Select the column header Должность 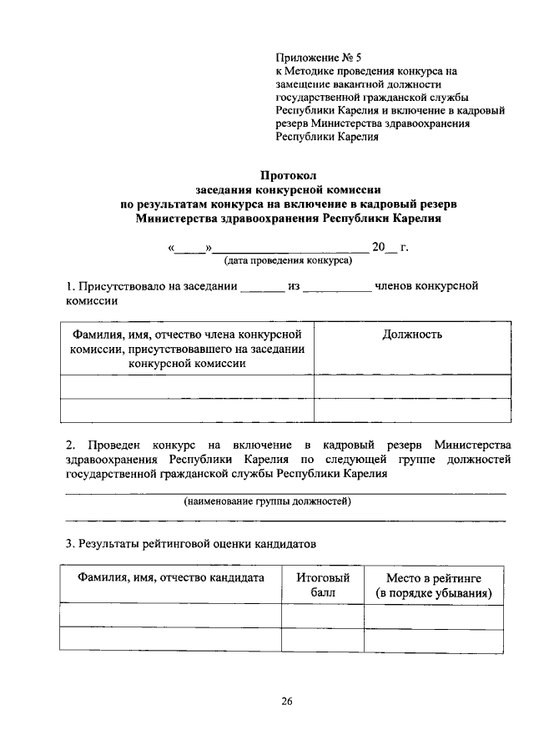(412, 335)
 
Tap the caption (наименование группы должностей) (268, 501)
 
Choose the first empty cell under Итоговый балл (322, 617)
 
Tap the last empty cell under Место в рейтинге (434, 641)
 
